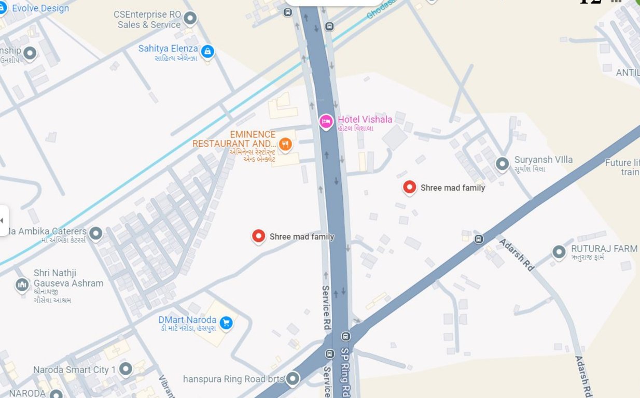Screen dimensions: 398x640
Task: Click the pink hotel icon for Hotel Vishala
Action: (x=326, y=121)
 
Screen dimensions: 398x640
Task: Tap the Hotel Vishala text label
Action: (x=365, y=120)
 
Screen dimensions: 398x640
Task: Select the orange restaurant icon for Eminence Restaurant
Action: (x=285, y=144)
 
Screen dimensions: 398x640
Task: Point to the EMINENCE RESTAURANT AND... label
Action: (x=234, y=139)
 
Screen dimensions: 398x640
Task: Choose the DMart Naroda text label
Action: (x=187, y=320)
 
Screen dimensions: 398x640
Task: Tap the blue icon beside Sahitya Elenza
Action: (x=207, y=51)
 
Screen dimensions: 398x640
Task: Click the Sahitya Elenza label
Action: (x=168, y=49)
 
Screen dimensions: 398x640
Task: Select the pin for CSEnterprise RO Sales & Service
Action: (x=190, y=19)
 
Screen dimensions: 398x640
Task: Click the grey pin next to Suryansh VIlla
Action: (x=502, y=164)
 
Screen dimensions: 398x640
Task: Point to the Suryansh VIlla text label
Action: (x=543, y=160)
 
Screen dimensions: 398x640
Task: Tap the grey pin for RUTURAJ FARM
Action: (x=559, y=252)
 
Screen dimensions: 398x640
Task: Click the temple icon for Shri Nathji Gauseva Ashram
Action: (x=22, y=285)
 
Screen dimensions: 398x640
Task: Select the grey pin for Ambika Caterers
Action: (x=95, y=233)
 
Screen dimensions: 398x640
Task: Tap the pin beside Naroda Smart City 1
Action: (x=126, y=369)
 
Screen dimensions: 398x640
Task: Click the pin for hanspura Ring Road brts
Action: (x=293, y=379)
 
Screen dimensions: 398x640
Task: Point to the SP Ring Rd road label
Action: (x=345, y=370)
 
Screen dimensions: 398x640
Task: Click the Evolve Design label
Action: (x=40, y=8)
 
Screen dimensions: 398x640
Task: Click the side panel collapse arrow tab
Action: (x=3, y=220)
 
